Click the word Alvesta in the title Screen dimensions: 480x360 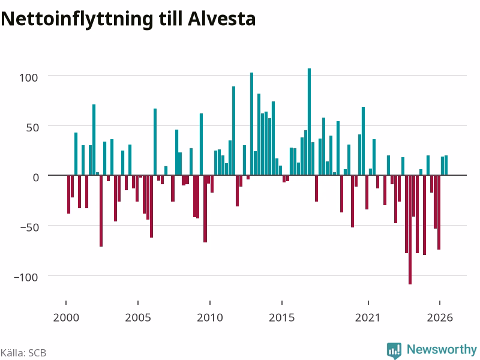tap(221, 19)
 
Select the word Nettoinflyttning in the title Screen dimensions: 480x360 tap(77, 20)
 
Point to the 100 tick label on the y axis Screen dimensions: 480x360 tap(29, 77)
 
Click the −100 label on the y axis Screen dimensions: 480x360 tap(26, 277)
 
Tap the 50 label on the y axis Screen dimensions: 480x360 tap(32, 128)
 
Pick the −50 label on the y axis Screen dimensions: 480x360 tap(29, 227)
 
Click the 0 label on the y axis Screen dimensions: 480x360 tap(36, 178)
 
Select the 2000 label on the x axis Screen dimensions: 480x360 tap(66, 317)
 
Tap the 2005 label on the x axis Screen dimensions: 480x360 tap(138, 317)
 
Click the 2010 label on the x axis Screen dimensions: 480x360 tap(210, 317)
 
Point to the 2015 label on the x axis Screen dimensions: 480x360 tap(282, 317)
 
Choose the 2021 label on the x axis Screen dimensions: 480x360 tap(368, 317)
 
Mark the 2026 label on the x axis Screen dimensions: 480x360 tap(440, 317)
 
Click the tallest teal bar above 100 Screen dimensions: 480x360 tap(309, 122)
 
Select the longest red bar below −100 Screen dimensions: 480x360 tap(410, 230)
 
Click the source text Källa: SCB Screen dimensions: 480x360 tap(23, 353)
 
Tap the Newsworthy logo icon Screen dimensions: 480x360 tap(394, 350)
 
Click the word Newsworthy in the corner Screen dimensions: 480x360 tap(442, 349)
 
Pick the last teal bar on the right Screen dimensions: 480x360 tap(446, 166)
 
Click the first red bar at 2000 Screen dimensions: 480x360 tap(68, 194)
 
